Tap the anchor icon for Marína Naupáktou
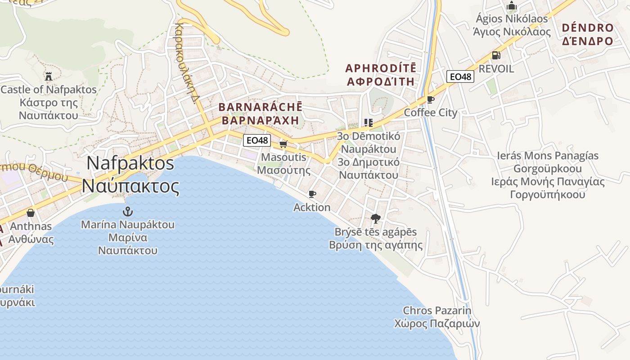click(x=128, y=211)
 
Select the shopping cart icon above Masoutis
click(x=283, y=144)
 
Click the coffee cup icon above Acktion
click(x=312, y=194)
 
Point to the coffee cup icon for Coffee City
click(x=430, y=99)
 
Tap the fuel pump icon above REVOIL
click(x=496, y=55)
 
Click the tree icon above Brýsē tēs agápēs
click(x=375, y=219)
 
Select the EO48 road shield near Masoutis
click(x=257, y=140)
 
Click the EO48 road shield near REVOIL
click(x=460, y=76)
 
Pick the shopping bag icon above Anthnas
click(x=31, y=212)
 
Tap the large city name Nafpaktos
click(x=130, y=163)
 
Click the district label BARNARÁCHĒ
click(x=260, y=108)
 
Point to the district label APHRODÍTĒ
click(x=381, y=68)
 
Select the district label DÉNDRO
click(x=587, y=28)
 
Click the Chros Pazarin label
click(x=437, y=310)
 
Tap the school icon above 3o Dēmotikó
click(x=369, y=122)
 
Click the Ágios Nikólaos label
click(x=512, y=19)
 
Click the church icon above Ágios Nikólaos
click(x=512, y=6)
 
